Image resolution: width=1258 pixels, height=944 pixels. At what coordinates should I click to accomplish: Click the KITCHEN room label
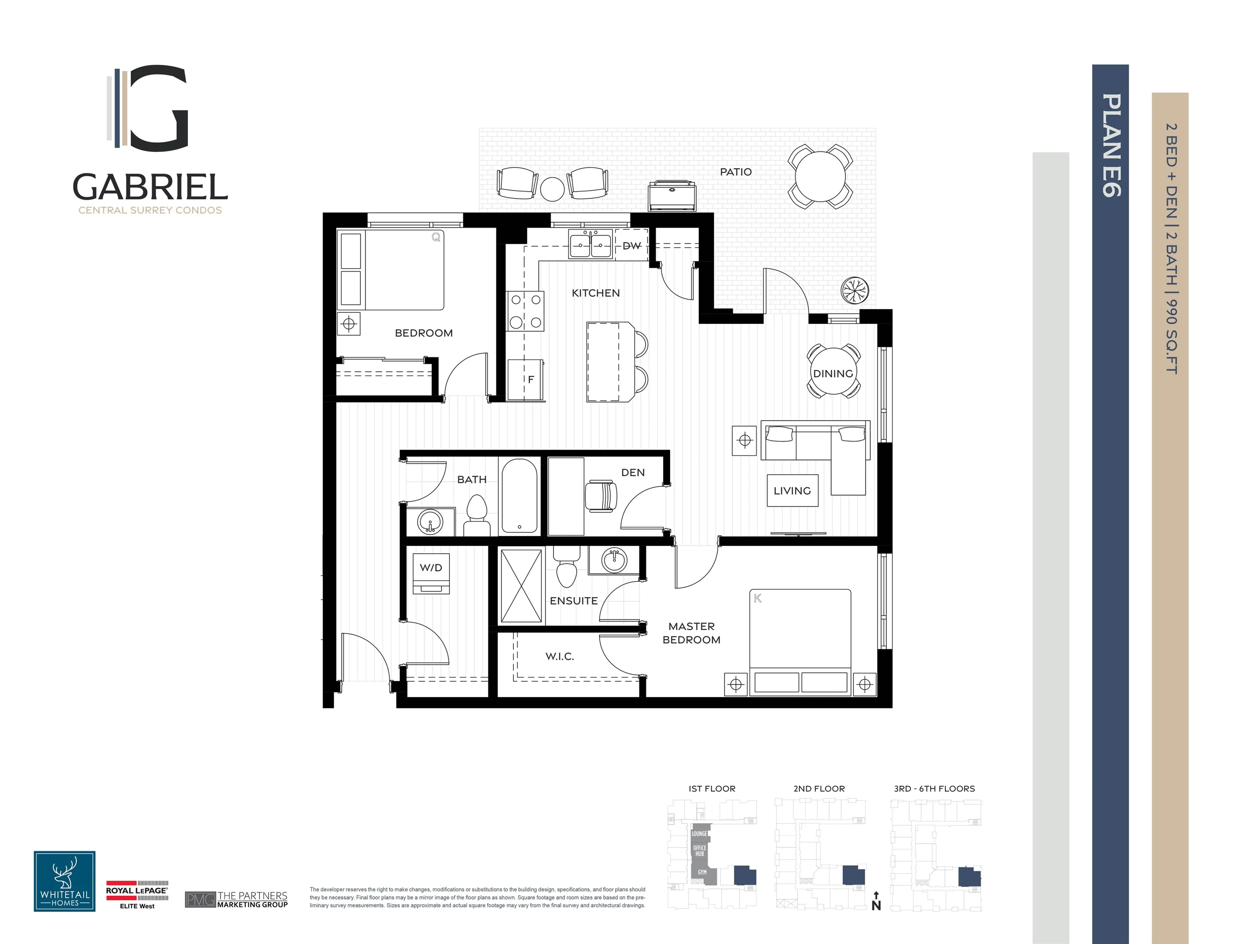596,293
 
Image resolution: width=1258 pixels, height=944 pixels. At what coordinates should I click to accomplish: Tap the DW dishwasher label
631,246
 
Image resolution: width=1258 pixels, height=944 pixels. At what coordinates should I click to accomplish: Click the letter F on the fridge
531,380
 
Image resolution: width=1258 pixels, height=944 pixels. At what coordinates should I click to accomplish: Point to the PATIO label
735,172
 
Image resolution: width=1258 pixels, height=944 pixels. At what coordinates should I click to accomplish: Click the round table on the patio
820,176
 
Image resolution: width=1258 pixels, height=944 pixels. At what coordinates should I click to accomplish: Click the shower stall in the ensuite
521,586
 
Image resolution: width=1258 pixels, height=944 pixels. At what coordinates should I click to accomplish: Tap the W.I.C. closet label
560,656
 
